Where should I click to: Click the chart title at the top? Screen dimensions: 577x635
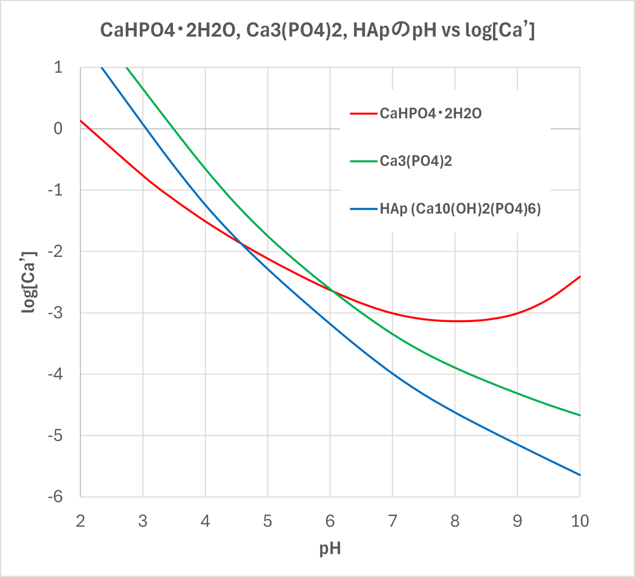[317, 31]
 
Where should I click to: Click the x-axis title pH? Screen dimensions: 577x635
[330, 548]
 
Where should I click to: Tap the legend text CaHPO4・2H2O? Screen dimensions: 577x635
[431, 113]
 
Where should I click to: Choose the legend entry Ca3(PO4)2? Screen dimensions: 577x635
[416, 162]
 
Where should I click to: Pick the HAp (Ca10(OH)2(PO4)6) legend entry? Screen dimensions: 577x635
[460, 210]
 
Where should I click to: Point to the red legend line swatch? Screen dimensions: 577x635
[363, 113]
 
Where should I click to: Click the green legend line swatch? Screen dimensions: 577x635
[363, 162]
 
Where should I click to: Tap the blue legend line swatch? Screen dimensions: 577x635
[363, 210]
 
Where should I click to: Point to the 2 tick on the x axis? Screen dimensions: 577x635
[81, 521]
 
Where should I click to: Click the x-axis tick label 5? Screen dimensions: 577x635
[268, 521]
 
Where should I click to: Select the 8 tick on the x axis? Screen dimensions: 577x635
[455, 521]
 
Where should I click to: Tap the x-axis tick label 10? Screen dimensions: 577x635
[580, 521]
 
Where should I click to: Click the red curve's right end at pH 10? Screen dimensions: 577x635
[580, 277]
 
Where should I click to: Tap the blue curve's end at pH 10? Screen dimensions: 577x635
[580, 475]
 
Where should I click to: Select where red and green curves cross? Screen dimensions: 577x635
[332, 291]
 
